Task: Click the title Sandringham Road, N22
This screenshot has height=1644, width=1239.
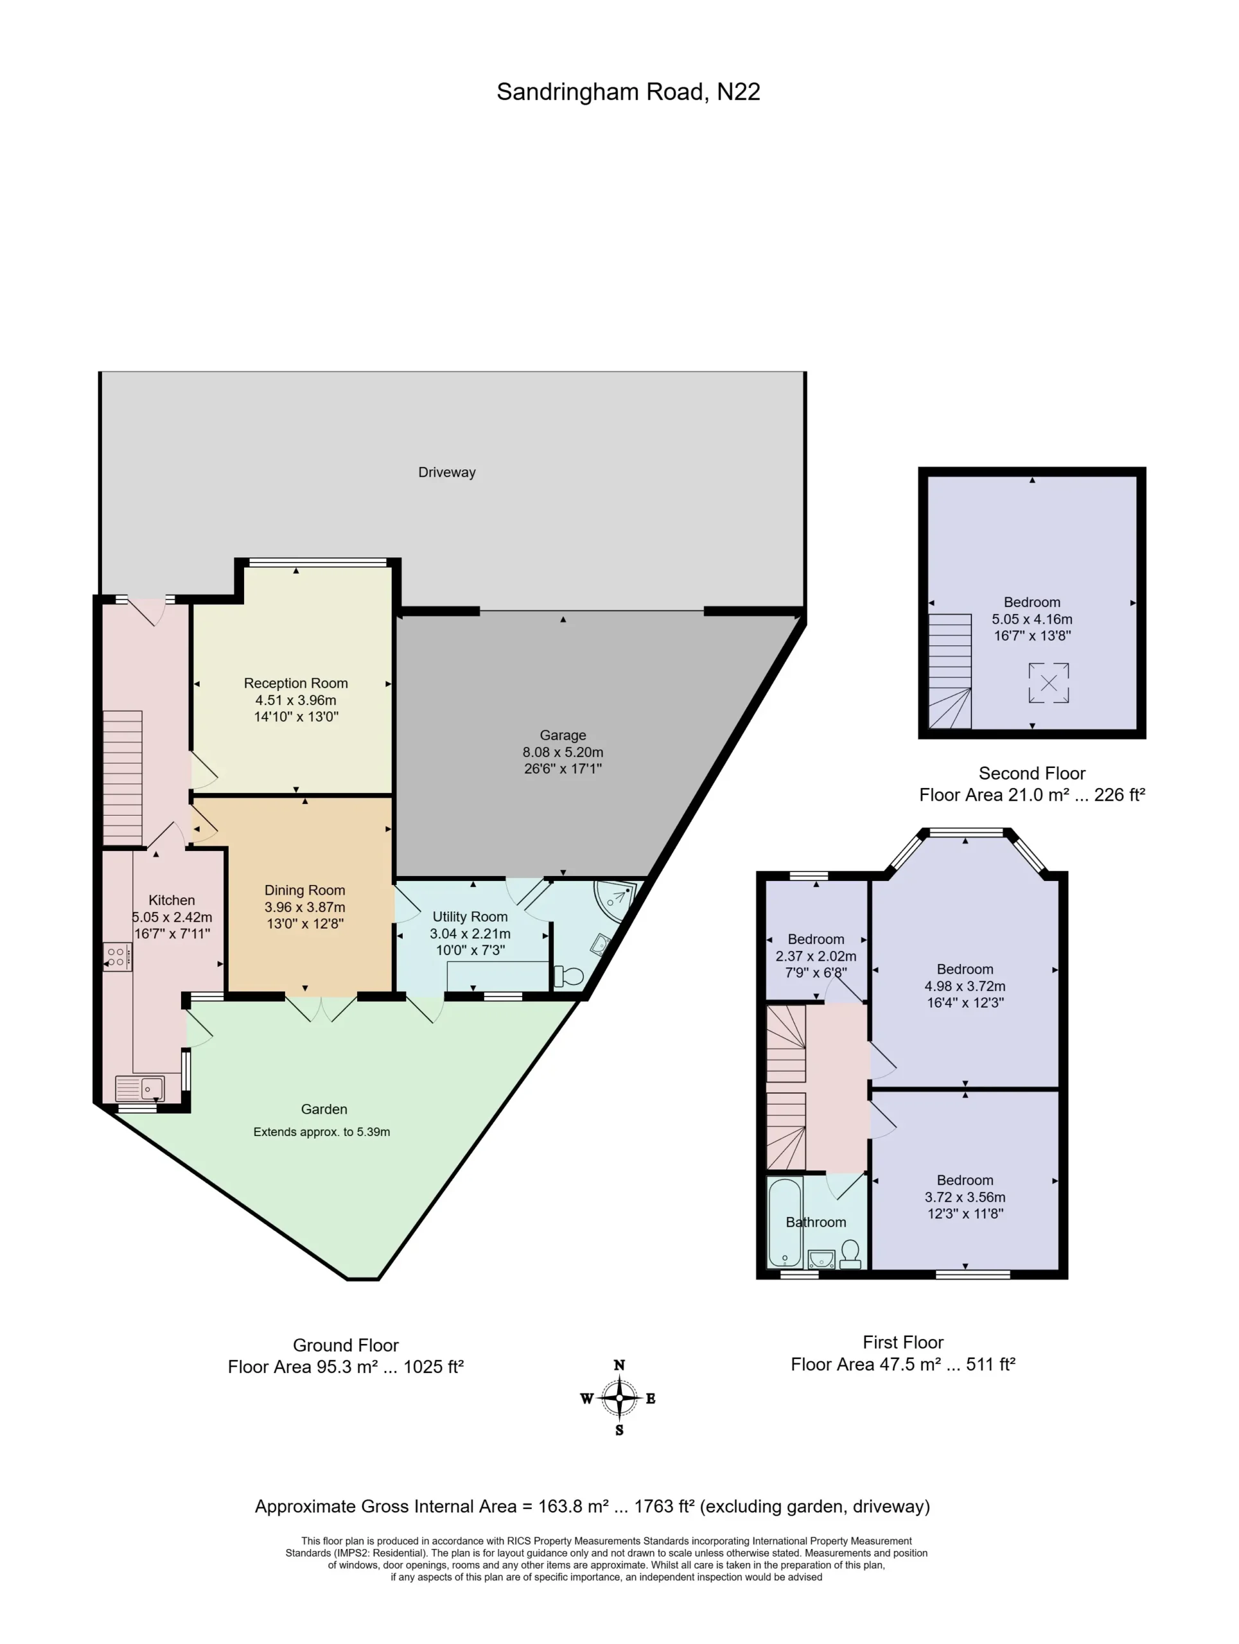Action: pos(628,92)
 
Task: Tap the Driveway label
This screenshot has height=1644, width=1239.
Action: pos(446,472)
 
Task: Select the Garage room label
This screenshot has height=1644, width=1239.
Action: pos(563,735)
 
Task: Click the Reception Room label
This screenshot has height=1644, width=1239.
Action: pos(296,683)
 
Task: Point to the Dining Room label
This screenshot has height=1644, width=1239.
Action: pos(304,889)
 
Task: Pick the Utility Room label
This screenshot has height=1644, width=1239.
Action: pos(470,916)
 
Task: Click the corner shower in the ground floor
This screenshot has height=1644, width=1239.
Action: pos(615,900)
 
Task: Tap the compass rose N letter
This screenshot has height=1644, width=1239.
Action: pos(619,1365)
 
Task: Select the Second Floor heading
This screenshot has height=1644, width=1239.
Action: pos(1032,773)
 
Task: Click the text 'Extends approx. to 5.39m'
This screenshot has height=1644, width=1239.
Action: pos(322,1132)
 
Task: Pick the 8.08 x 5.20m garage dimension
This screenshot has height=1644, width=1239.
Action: pos(563,752)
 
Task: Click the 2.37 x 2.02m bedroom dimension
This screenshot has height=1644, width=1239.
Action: pos(816,956)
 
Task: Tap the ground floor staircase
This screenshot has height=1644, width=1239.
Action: pos(123,778)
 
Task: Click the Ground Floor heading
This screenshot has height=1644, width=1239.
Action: pos(346,1345)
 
